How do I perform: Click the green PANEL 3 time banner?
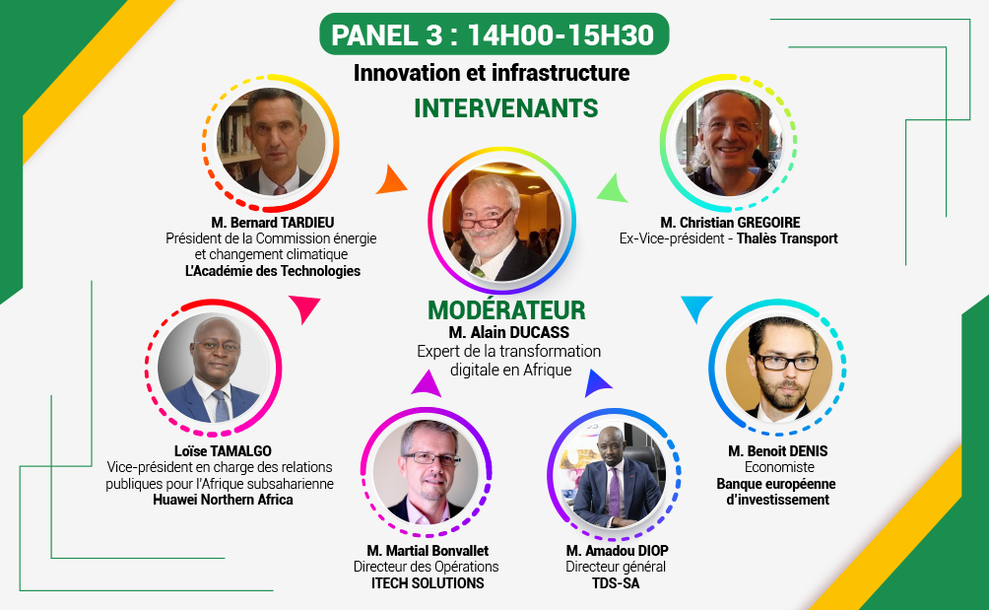(x=494, y=34)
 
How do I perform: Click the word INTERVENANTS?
(x=506, y=108)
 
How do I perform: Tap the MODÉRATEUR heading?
(x=506, y=309)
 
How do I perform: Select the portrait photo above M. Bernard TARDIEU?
(x=271, y=142)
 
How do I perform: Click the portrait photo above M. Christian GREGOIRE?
(x=728, y=143)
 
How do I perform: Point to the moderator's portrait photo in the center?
(x=502, y=221)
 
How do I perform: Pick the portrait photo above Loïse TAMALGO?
(x=213, y=369)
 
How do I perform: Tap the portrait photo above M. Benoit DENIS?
(x=778, y=369)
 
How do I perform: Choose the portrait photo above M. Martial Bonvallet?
(x=426, y=472)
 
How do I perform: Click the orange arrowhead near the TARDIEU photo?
(x=391, y=181)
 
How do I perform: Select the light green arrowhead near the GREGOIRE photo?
(x=613, y=189)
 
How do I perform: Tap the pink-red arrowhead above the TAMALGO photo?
(x=305, y=307)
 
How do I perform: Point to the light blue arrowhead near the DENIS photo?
(x=697, y=307)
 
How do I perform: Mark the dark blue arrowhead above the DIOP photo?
(x=597, y=384)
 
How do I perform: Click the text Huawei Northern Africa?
(x=223, y=500)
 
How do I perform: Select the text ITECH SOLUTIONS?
(x=428, y=583)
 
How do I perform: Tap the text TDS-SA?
(x=616, y=583)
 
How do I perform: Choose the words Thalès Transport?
(x=787, y=238)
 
